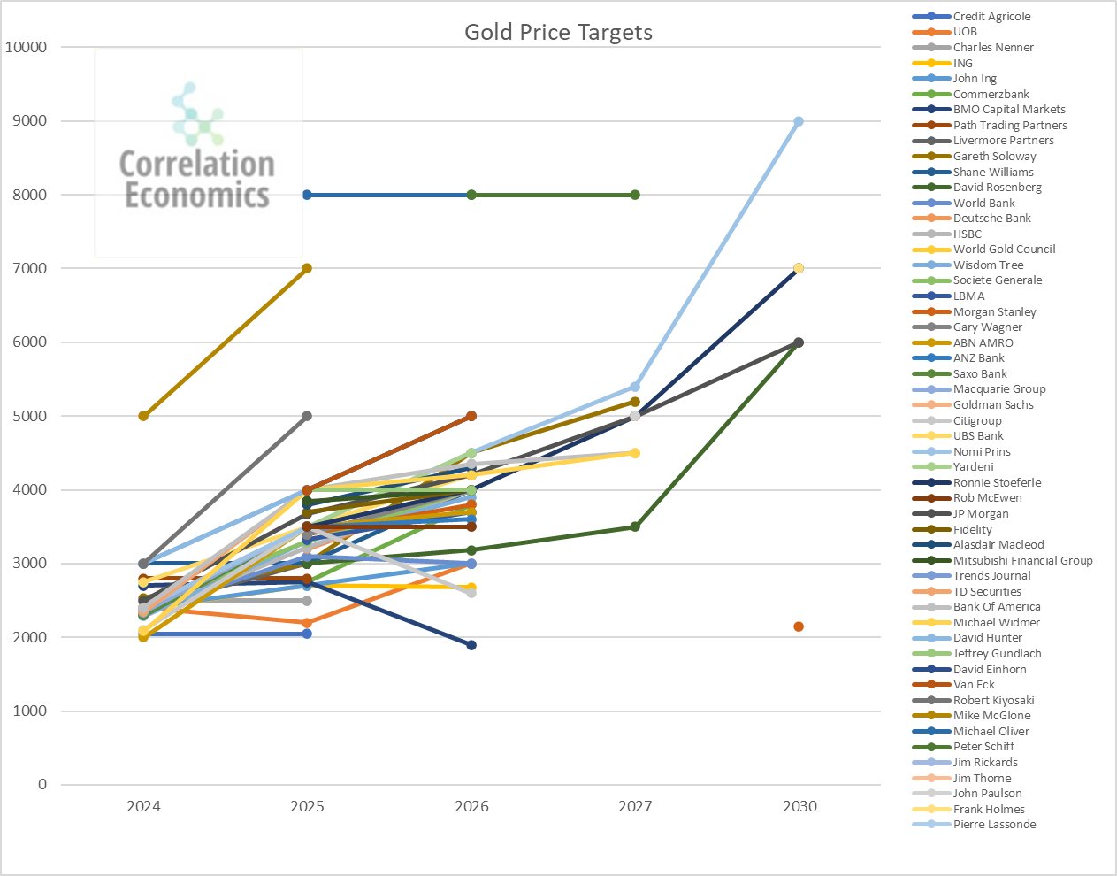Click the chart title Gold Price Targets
558,33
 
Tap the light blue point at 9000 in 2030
799,121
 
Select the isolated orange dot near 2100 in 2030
799,626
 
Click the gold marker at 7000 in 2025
307,268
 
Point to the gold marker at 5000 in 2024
143,416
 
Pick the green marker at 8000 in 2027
635,195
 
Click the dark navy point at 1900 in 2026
471,645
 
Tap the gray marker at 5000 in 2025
307,416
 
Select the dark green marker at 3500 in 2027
635,526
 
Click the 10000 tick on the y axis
27,47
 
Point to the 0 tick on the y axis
42,785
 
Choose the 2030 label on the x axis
799,806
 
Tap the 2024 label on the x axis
143,806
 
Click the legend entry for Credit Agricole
991,17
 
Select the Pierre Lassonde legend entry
994,825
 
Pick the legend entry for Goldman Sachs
993,404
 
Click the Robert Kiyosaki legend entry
993,700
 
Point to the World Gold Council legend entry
1004,250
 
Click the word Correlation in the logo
197,164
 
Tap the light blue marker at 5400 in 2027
635,387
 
